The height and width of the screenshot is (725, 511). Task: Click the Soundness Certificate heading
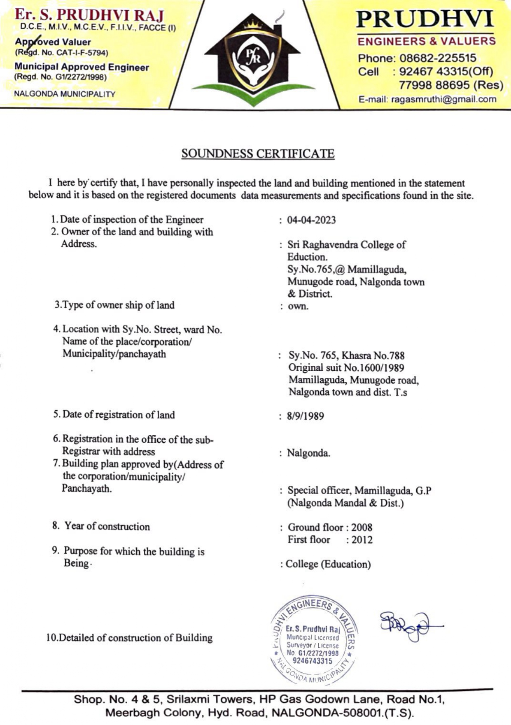tap(258, 154)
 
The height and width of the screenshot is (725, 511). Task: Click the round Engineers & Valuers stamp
tap(313, 640)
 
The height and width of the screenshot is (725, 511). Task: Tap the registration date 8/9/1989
tap(306, 416)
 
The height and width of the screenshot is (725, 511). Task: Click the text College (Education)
tap(328, 564)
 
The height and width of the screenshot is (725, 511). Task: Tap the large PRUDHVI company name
tap(425, 19)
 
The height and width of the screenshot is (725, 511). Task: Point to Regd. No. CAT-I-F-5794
tap(61, 53)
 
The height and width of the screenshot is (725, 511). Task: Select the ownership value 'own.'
tap(298, 307)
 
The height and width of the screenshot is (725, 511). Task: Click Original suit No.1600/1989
tap(346, 368)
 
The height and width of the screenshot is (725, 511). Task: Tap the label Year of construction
tap(107, 527)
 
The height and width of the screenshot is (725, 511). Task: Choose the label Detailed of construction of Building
tap(129, 638)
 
